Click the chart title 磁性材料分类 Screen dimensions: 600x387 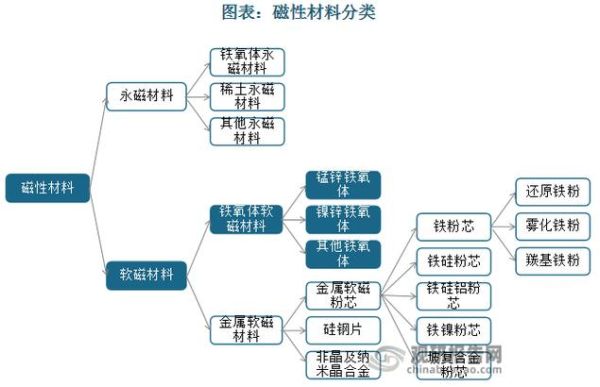point(300,13)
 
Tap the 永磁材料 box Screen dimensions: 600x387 point(145,96)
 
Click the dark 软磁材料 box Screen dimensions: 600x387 point(145,273)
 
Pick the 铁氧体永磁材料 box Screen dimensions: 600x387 point(247,62)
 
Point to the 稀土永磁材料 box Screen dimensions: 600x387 point(247,96)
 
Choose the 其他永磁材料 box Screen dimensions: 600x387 point(247,131)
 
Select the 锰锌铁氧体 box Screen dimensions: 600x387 point(343,185)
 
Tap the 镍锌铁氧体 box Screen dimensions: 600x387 point(343,219)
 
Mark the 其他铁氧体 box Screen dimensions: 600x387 point(343,254)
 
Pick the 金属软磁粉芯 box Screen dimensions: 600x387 point(343,296)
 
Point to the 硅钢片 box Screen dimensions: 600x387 point(343,329)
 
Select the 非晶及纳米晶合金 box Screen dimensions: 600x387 point(343,363)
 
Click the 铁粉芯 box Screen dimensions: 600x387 point(453,226)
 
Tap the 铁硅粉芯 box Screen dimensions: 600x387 point(453,261)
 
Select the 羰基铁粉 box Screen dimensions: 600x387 point(552,260)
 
